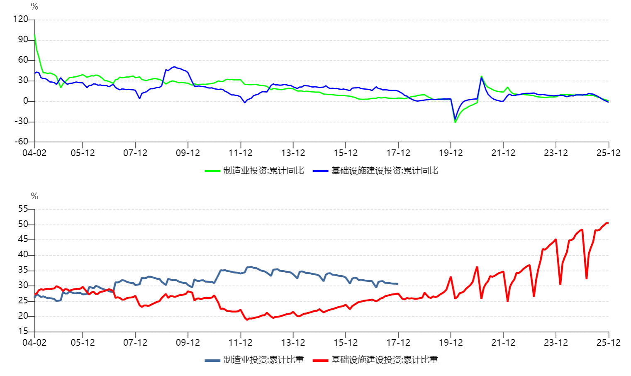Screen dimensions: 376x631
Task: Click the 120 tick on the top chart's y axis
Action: (x=20, y=19)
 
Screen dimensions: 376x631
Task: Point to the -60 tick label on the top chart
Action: (x=21, y=142)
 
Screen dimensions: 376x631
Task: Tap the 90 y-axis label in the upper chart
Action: (x=23, y=39)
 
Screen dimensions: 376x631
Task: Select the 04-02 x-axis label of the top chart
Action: (x=34, y=153)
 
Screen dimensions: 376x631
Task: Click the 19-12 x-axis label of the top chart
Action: (x=451, y=153)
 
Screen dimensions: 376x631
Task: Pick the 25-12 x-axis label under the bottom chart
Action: (x=609, y=343)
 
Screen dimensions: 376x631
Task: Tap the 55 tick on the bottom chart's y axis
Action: (x=23, y=209)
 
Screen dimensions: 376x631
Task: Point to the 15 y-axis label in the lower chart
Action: (x=23, y=331)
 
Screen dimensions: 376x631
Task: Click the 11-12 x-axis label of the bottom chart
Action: (x=241, y=343)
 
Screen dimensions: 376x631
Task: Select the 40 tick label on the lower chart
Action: (x=23, y=254)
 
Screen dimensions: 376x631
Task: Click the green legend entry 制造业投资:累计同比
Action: (x=255, y=171)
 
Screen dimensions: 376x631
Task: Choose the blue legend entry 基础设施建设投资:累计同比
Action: (x=376, y=171)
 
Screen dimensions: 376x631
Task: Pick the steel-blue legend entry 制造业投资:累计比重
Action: (x=255, y=360)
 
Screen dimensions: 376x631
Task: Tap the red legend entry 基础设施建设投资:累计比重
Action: (x=376, y=360)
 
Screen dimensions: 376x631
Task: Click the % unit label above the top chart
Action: (x=34, y=7)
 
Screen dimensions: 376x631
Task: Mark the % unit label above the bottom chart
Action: (x=34, y=196)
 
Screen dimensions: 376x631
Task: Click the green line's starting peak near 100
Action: (x=35, y=36)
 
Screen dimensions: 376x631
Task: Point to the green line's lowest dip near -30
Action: (x=455, y=122)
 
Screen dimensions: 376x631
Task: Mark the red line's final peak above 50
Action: (x=607, y=223)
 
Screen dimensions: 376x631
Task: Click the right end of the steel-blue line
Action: (x=397, y=284)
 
